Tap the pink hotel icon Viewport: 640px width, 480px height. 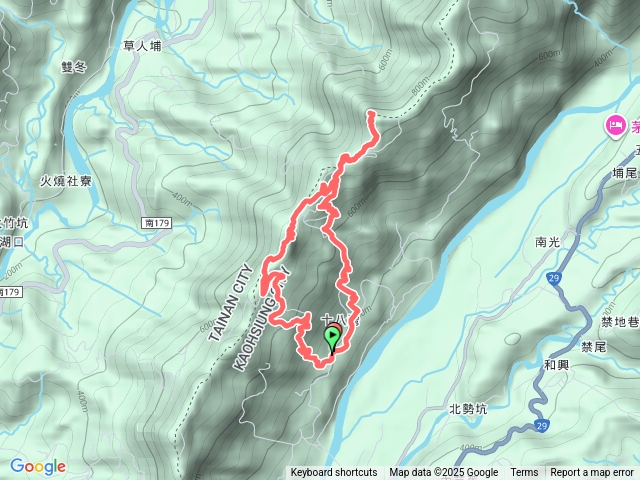point(615,125)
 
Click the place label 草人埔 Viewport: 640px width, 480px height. point(141,45)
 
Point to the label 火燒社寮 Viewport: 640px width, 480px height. point(66,181)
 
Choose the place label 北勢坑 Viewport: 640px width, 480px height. point(468,408)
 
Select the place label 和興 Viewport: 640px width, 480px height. point(557,366)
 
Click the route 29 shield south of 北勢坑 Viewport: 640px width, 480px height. point(539,428)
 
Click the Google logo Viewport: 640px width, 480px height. point(38,466)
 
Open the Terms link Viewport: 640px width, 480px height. point(524,473)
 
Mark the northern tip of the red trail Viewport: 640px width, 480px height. point(371,114)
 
